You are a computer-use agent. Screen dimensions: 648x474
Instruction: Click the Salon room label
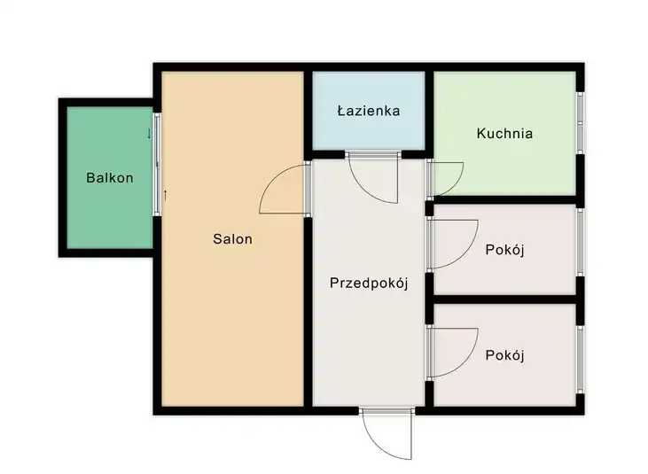pyautogui.click(x=232, y=238)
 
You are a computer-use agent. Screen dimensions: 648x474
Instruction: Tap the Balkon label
pyautogui.click(x=110, y=177)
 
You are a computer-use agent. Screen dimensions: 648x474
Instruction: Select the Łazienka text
pyautogui.click(x=369, y=111)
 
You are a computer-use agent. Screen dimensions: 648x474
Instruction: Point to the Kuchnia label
pyautogui.click(x=504, y=133)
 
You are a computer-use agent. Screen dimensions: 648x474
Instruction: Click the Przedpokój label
pyautogui.click(x=369, y=284)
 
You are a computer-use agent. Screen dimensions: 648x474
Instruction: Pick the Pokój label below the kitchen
pyautogui.click(x=504, y=250)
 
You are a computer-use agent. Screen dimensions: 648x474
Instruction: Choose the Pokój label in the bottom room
pyautogui.click(x=504, y=355)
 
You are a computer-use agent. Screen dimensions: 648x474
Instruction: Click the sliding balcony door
pyautogui.click(x=157, y=164)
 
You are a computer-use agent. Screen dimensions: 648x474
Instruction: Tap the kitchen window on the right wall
pyautogui.click(x=581, y=122)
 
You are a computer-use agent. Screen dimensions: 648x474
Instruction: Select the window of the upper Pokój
pyautogui.click(x=581, y=243)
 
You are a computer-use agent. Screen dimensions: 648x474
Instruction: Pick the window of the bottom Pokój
pyautogui.click(x=581, y=359)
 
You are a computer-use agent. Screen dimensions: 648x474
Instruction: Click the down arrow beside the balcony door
pyautogui.click(x=149, y=134)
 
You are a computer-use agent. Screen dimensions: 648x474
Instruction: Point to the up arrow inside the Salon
pyautogui.click(x=165, y=195)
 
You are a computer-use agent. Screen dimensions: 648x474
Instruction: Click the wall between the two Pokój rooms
pyautogui.click(x=504, y=299)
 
